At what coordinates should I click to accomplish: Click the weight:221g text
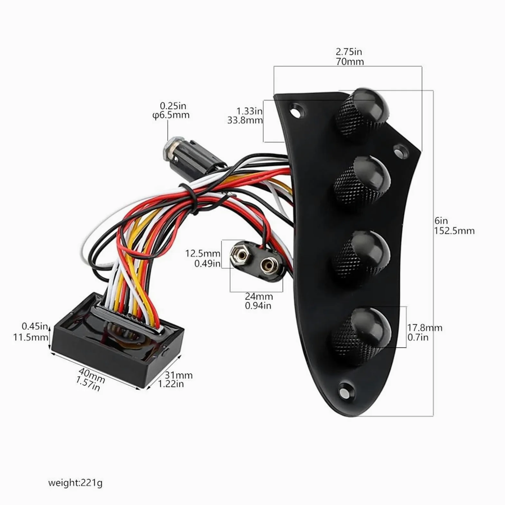75,483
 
